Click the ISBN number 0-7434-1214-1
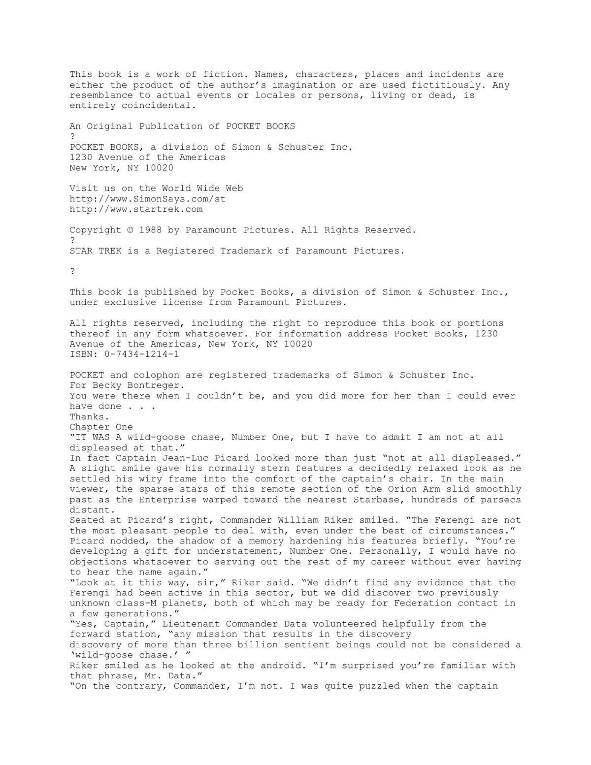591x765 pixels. [x=142, y=354]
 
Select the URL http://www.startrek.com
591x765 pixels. [x=136, y=209]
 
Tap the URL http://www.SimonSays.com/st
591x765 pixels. [x=147, y=199]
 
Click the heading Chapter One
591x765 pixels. [x=101, y=427]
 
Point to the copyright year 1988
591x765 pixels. [x=150, y=230]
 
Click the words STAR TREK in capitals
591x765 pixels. [x=96, y=251]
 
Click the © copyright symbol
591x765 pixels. [x=130, y=230]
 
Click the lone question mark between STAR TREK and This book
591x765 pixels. [x=72, y=271]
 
